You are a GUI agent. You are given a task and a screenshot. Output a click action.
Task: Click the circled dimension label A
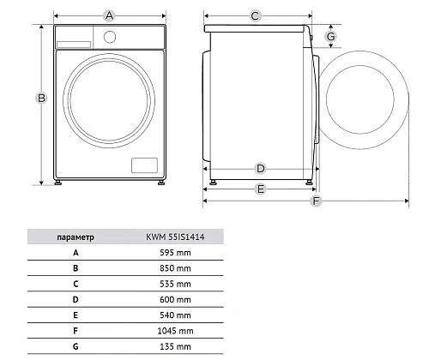click(109, 15)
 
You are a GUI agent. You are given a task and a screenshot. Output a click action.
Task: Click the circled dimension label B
click(41, 99)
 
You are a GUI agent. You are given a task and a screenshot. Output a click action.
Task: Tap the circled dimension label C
click(255, 15)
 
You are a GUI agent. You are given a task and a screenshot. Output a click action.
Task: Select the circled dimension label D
click(260, 169)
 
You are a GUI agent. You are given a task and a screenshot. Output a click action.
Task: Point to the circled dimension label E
click(261, 189)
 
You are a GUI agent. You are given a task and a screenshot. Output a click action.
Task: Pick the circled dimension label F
click(316, 201)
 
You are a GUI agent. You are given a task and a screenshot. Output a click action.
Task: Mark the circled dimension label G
click(331, 36)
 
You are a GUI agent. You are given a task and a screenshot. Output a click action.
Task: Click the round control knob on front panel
click(110, 37)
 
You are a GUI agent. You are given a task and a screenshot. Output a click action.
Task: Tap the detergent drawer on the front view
click(74, 45)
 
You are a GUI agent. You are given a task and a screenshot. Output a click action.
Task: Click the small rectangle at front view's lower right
click(144, 165)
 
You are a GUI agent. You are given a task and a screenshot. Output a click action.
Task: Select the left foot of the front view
click(58, 183)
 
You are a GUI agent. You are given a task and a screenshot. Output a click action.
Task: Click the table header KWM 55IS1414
click(175, 237)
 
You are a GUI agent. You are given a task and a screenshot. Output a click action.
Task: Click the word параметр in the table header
click(76, 237)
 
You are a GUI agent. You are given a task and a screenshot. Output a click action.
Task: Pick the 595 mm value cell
click(175, 253)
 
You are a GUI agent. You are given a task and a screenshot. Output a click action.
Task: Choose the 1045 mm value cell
click(175, 331)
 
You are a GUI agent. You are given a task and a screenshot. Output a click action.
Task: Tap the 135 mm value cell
click(175, 346)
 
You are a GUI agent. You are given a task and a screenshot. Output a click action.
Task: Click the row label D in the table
click(76, 299)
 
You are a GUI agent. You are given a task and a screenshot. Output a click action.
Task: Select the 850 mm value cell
click(175, 268)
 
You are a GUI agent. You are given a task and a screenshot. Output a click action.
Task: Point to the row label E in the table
click(76, 315)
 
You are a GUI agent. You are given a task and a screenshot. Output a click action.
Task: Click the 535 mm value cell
click(175, 284)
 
